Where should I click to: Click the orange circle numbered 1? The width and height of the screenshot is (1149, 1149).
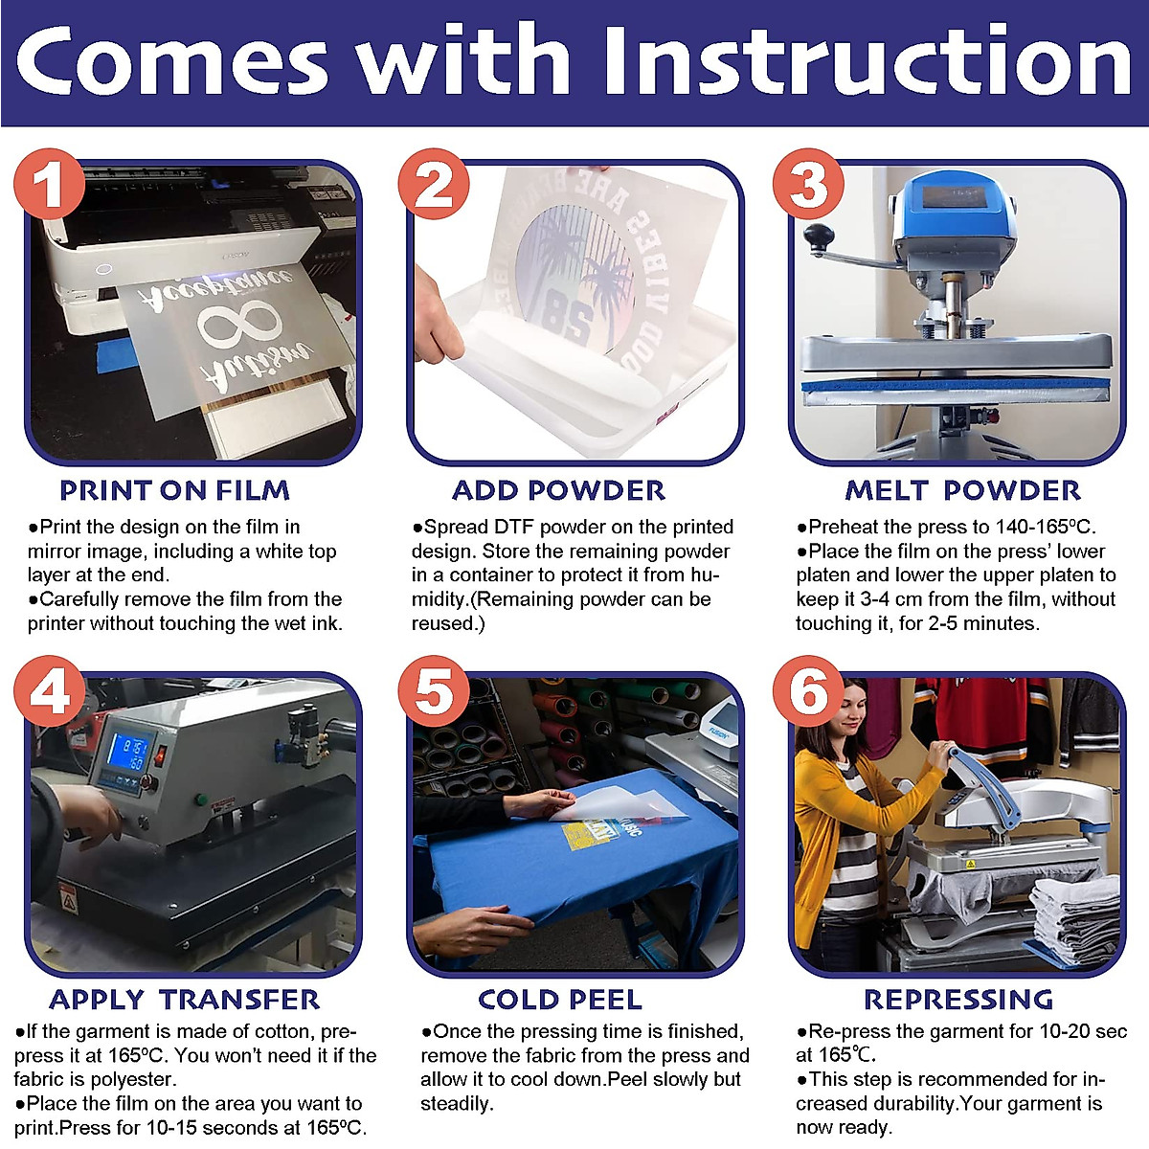tap(49, 184)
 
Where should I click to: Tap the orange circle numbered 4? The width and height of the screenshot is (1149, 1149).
tap(49, 691)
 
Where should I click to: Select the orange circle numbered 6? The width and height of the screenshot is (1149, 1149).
tap(808, 691)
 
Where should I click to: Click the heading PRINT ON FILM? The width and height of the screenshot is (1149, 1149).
tap(174, 491)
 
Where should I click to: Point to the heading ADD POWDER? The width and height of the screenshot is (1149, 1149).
tap(558, 491)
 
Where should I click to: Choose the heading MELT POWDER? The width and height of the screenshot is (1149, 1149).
tap(963, 491)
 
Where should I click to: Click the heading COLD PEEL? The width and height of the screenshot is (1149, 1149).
tap(560, 1000)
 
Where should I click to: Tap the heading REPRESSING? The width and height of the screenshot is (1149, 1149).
tap(958, 1000)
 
